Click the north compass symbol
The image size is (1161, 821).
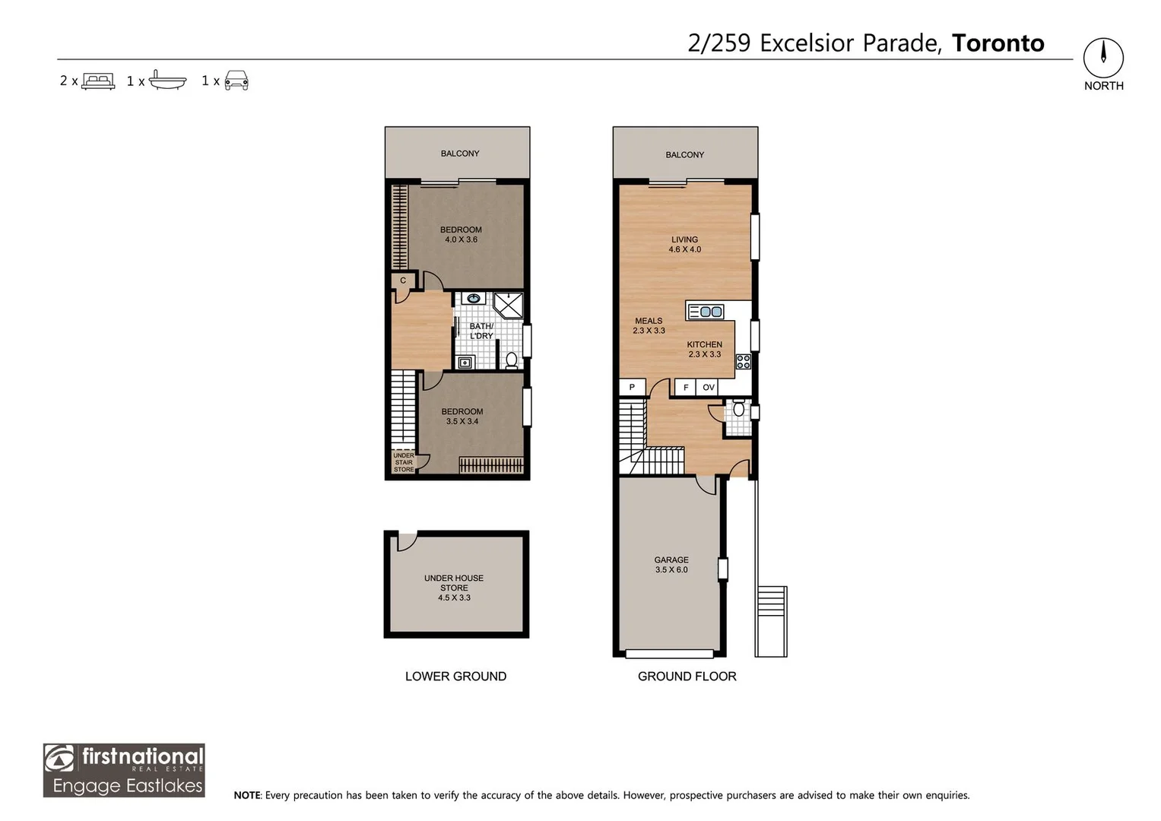1103,58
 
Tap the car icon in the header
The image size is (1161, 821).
236,81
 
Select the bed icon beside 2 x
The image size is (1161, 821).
98,81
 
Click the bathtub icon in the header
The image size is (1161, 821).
167,81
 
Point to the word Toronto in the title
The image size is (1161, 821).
998,43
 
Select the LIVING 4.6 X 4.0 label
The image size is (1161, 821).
685,244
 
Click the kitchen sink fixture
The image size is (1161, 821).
706,312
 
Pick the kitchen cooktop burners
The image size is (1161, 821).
744,361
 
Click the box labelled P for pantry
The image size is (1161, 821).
633,387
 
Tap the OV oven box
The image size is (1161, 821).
708,387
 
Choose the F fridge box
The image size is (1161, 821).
686,387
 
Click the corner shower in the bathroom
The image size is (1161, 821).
508,306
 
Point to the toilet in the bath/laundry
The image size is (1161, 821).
512,360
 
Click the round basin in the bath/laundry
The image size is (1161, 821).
474,299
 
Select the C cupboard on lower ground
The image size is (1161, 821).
403,281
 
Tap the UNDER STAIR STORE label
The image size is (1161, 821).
404,462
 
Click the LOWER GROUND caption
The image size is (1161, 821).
455,677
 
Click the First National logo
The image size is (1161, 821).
124,770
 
